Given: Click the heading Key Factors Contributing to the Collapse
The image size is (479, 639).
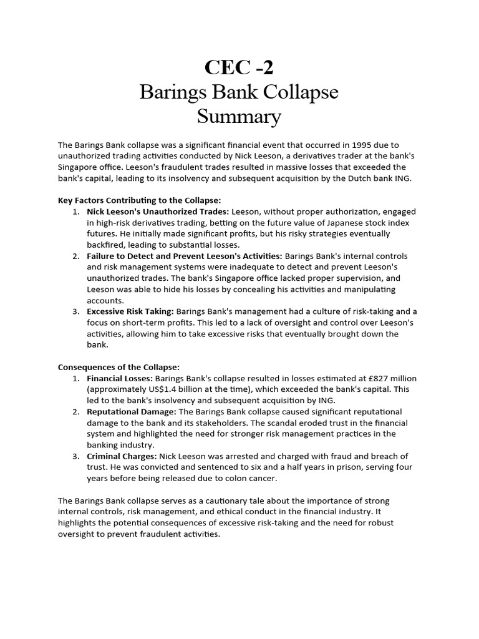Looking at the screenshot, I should point(139,200).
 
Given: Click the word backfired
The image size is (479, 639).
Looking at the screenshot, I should point(107,245).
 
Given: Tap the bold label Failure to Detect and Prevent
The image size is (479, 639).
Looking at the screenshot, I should point(185,256).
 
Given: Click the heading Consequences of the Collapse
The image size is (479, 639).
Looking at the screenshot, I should point(119,367).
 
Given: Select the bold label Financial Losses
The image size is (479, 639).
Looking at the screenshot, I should point(119,378).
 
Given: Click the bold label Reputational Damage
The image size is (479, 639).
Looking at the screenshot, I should point(132,412).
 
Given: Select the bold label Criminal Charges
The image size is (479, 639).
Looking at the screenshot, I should point(121,456).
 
